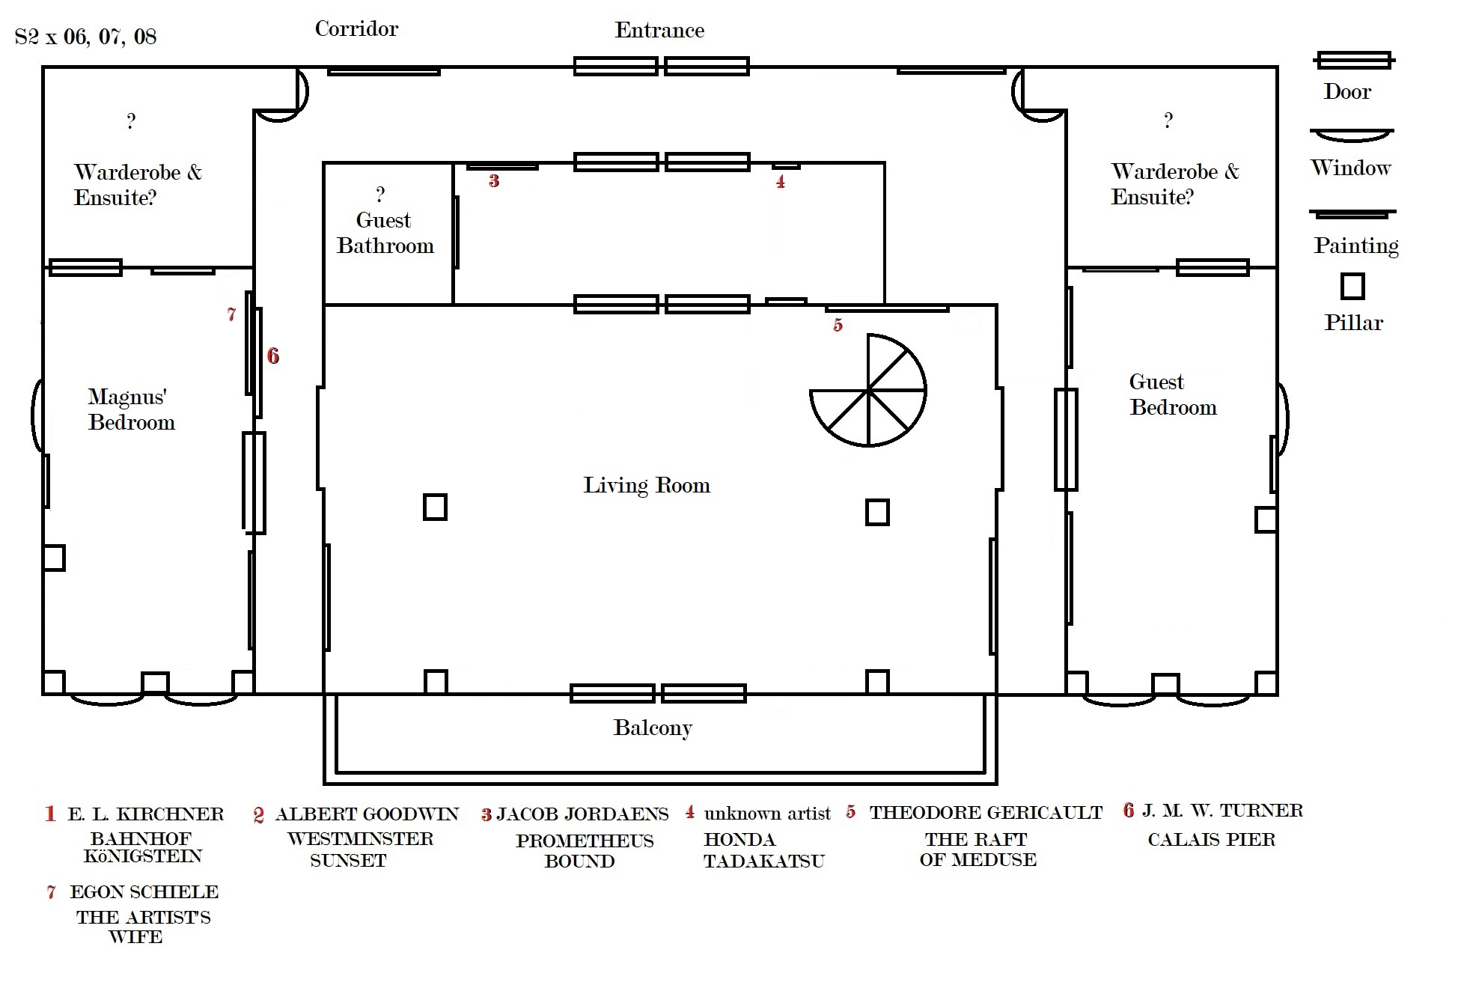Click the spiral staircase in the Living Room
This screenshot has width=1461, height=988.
(868, 391)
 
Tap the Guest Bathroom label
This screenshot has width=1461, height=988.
(385, 233)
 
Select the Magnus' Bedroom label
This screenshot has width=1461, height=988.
(131, 409)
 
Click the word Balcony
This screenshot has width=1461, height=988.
(653, 728)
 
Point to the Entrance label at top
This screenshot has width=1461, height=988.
(659, 30)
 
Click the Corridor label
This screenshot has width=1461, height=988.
(356, 29)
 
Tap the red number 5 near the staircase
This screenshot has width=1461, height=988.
(838, 325)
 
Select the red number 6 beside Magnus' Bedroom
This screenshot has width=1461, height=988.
(273, 356)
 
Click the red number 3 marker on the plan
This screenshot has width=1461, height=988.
(494, 180)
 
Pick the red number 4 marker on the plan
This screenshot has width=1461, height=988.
(781, 181)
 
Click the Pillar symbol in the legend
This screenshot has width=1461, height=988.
(1352, 286)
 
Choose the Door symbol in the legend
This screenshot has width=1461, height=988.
(1353, 60)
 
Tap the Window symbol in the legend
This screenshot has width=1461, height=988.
(1352, 135)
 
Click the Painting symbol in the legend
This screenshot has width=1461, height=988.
(1352, 213)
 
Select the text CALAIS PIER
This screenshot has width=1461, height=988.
(1211, 840)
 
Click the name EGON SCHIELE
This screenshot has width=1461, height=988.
(144, 892)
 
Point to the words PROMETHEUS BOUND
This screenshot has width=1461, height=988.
(584, 851)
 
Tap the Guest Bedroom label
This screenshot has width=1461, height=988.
(1172, 394)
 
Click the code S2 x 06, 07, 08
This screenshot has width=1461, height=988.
(85, 37)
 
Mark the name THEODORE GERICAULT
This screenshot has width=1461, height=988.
(986, 813)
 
